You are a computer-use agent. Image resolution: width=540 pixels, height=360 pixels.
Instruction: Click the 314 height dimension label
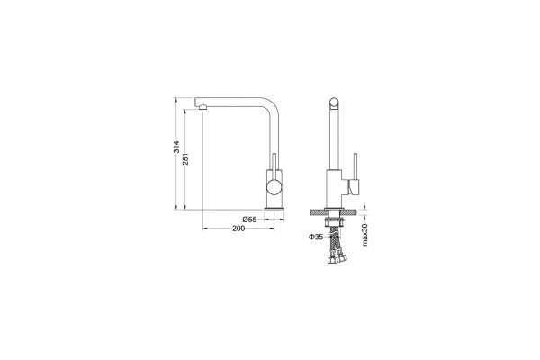(x=176, y=147)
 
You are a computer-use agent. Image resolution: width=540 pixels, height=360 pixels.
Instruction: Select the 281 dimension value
(x=185, y=158)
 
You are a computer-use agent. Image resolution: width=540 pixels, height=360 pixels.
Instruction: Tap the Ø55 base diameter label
(x=249, y=220)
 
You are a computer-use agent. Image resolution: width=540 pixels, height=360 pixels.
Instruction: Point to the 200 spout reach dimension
(x=238, y=229)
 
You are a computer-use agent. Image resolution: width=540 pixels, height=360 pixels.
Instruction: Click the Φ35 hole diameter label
(x=316, y=237)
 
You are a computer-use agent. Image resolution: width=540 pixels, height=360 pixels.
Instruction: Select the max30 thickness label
(x=365, y=235)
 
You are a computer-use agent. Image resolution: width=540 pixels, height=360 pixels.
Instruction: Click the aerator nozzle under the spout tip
(x=202, y=107)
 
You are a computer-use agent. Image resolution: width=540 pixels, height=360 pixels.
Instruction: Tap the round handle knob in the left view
(x=274, y=188)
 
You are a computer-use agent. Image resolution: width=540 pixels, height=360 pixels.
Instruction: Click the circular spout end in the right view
(x=334, y=103)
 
